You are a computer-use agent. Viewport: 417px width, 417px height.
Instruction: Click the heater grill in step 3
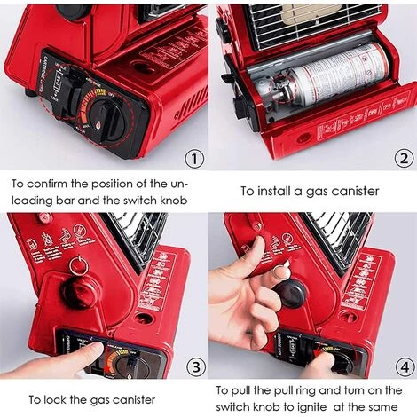click(x=141, y=240)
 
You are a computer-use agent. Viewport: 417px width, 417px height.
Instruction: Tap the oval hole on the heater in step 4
click(x=349, y=316)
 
